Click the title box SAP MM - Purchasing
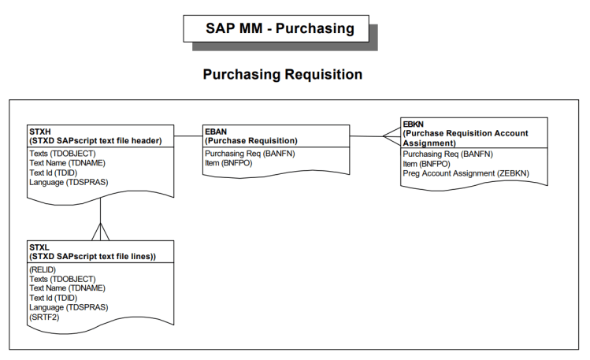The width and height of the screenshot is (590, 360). coord(275,28)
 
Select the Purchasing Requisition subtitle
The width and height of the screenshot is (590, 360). coord(282,75)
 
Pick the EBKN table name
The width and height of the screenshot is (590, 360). coord(414,124)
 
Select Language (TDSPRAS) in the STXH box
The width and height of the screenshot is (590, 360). coord(68,182)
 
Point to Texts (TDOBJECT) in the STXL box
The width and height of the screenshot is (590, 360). coord(61,279)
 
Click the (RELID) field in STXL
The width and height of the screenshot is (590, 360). coord(43,269)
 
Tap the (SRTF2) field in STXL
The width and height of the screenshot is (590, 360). coord(44,317)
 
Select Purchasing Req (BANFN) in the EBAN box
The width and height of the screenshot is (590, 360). coord(249,154)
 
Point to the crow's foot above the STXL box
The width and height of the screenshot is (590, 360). coord(100,232)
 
